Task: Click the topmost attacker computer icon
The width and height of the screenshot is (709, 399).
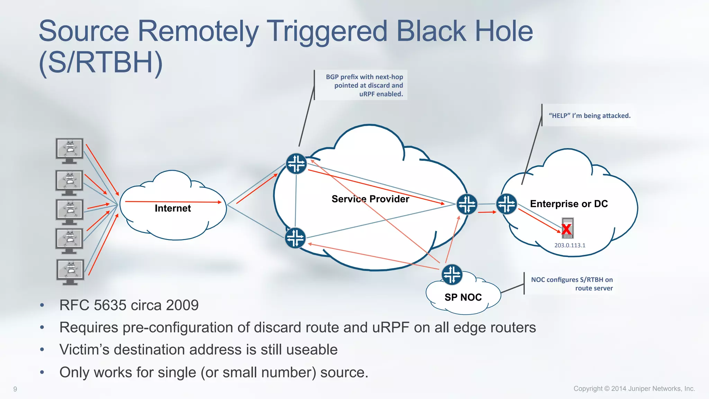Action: (70, 151)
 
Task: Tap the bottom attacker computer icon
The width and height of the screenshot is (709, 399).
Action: (70, 272)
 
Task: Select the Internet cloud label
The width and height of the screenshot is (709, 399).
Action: (172, 208)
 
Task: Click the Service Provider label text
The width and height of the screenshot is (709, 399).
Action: (370, 199)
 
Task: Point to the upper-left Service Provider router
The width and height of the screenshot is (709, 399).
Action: (296, 163)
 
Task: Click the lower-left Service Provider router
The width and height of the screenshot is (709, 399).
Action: (295, 238)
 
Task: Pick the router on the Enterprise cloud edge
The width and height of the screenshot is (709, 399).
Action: (506, 204)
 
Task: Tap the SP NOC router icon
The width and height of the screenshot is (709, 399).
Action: (452, 275)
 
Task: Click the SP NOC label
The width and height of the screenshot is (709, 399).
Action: (463, 297)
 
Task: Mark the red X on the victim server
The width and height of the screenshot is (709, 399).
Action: (566, 229)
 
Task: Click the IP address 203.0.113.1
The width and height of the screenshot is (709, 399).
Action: (569, 245)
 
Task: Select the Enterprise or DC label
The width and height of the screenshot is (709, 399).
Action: (569, 204)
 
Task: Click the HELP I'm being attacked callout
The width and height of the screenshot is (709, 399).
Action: (589, 116)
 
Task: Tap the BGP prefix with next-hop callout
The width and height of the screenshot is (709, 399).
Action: (364, 85)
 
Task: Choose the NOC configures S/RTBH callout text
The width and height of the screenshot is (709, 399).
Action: (572, 284)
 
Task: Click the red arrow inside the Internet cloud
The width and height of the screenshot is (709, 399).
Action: (173, 202)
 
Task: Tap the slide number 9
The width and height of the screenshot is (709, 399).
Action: (15, 389)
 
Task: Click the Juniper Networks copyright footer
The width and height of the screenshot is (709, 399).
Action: (634, 389)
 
